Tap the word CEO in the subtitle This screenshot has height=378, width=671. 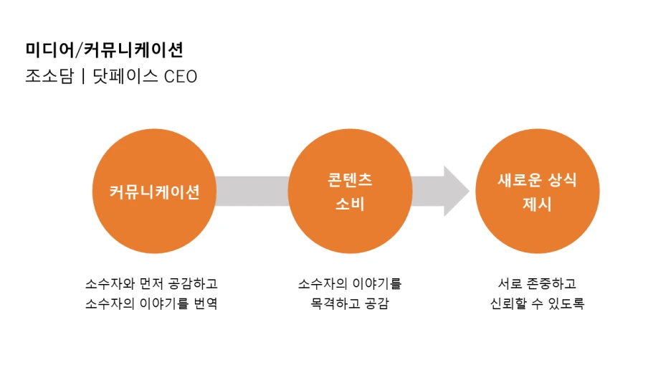click(181, 77)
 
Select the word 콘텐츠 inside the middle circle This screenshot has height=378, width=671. click(350, 181)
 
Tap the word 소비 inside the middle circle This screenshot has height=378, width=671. click(350, 204)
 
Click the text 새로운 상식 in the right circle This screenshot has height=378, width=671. click(537, 181)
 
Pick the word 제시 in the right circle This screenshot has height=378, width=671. click(537, 204)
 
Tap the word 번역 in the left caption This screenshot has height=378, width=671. click(204, 303)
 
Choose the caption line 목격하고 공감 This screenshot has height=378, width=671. click(350, 303)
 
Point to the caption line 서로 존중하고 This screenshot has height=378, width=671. click(537, 283)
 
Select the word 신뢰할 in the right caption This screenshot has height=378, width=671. click(505, 303)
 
